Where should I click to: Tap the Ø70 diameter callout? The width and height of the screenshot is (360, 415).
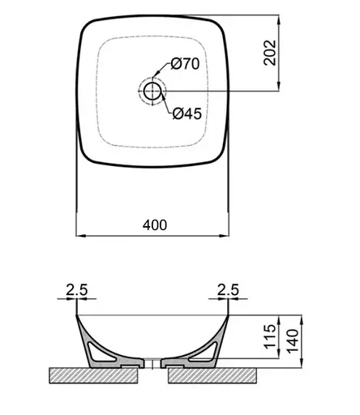point(184,64)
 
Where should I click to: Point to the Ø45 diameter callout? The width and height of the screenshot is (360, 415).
point(186,113)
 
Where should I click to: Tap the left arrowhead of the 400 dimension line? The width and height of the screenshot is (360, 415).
point(79,236)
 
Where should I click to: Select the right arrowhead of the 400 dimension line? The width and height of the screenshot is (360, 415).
point(225,236)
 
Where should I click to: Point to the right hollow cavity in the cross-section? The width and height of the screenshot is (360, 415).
point(204,351)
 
